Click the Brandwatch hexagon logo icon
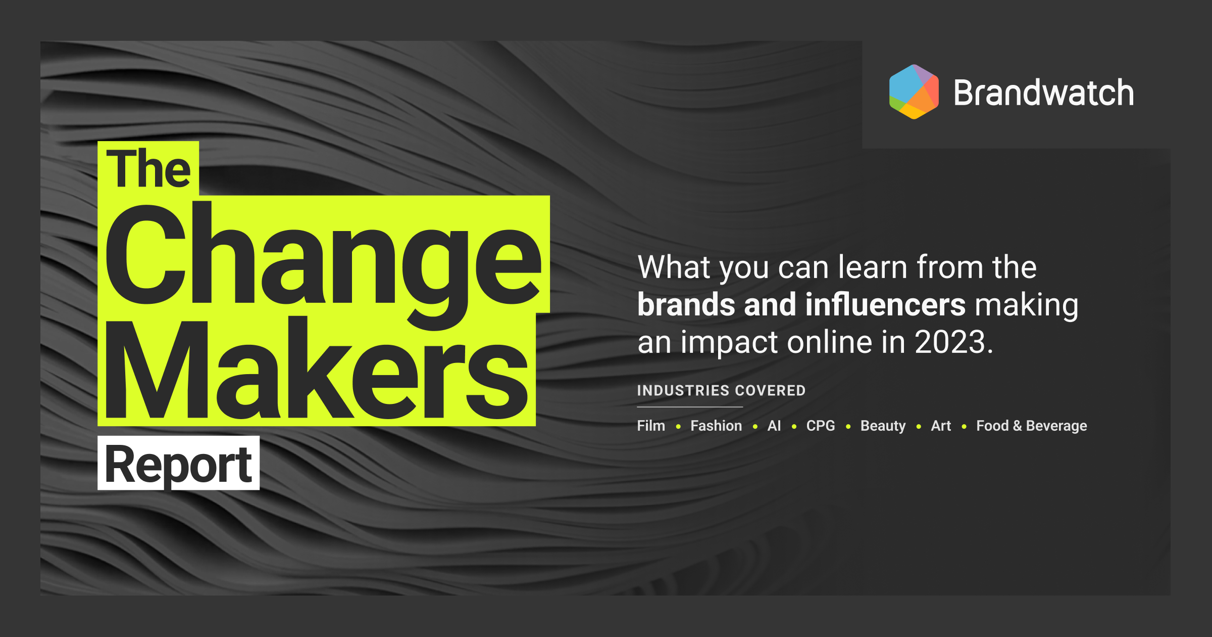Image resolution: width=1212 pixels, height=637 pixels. [x=914, y=92]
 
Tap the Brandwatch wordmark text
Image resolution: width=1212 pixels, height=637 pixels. [x=1043, y=93]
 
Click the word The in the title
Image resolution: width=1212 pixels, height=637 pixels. [x=148, y=168]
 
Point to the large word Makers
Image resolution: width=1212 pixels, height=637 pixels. [x=317, y=368]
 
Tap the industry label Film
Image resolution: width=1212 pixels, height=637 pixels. [x=651, y=426]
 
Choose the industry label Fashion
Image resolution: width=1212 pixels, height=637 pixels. [x=716, y=426]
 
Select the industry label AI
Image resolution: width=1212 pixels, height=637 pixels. [x=774, y=426]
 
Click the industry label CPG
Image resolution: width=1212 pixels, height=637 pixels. [x=821, y=426]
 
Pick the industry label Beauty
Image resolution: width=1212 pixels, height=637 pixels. [x=883, y=426]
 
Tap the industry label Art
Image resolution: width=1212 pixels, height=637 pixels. [x=941, y=426]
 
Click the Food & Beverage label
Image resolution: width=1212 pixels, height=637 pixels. [x=1032, y=426]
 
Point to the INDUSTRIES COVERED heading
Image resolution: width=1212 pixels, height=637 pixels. [x=721, y=390]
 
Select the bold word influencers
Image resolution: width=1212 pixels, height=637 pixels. [x=885, y=304]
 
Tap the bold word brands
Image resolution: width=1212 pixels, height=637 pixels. [x=686, y=304]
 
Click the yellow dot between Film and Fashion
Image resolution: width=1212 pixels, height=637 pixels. [x=678, y=427]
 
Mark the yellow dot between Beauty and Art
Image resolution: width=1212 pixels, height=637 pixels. [x=919, y=427]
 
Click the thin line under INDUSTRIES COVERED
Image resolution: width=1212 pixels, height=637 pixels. [x=690, y=407]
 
